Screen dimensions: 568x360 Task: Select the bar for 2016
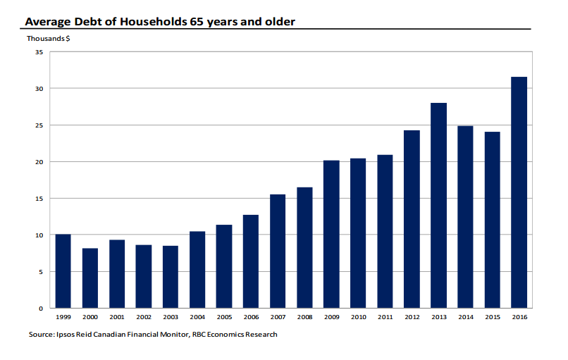[x=519, y=192]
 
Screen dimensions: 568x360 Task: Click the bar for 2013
[x=438, y=206]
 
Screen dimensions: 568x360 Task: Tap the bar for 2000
[x=90, y=278]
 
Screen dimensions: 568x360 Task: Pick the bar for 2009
[x=331, y=235]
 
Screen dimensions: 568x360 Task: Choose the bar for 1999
[x=63, y=271]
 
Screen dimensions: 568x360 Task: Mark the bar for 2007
[x=278, y=252]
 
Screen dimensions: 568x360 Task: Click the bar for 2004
[x=197, y=270]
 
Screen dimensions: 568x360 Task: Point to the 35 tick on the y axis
[x=39, y=52]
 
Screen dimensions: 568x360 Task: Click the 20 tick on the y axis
[x=39, y=162]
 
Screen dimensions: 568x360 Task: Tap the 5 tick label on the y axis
[x=41, y=272]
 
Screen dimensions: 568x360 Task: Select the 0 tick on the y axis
[x=41, y=309]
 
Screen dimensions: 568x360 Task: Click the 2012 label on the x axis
[x=412, y=317]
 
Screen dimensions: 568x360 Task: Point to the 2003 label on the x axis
[x=171, y=317]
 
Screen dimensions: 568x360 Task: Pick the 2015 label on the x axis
[x=493, y=317]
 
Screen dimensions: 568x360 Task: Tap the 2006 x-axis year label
[x=251, y=317]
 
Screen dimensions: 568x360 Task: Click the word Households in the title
[x=154, y=22]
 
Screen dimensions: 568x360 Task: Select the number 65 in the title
[x=197, y=22]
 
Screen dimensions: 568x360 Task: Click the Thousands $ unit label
[x=48, y=39]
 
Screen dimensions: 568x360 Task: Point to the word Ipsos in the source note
[x=66, y=334]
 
